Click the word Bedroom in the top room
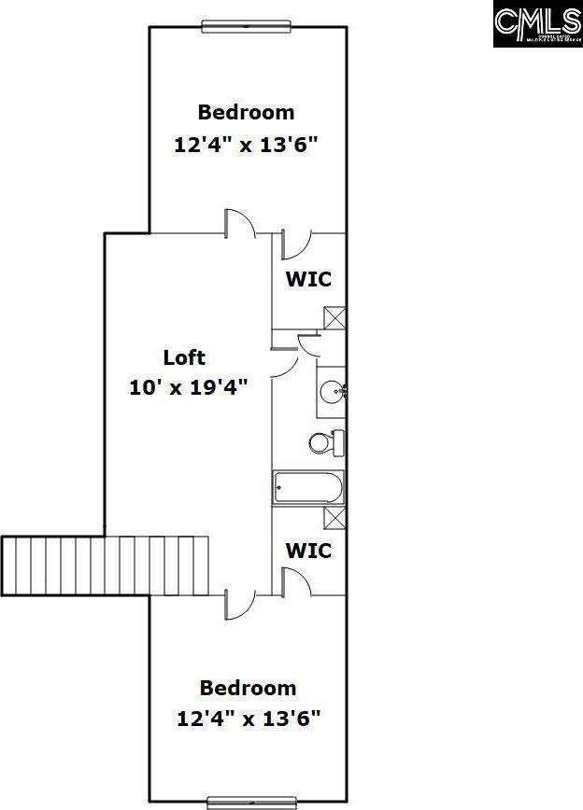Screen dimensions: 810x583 [246, 112]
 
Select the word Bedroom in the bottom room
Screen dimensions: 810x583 [248, 688]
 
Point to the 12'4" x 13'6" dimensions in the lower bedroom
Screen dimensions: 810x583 [249, 719]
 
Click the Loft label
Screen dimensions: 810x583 [184, 356]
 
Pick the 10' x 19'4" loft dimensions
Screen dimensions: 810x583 [188, 387]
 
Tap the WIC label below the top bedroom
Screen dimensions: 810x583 [308, 278]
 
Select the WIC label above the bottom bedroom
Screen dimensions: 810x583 [308, 551]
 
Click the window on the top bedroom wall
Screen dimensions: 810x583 [249, 26]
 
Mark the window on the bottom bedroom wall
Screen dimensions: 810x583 [251, 802]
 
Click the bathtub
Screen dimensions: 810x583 [308, 487]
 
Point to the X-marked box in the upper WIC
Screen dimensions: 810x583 [334, 316]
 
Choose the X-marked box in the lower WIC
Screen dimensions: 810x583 [334, 518]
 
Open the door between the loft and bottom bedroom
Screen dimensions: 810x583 [239, 603]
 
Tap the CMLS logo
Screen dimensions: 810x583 [536, 23]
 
